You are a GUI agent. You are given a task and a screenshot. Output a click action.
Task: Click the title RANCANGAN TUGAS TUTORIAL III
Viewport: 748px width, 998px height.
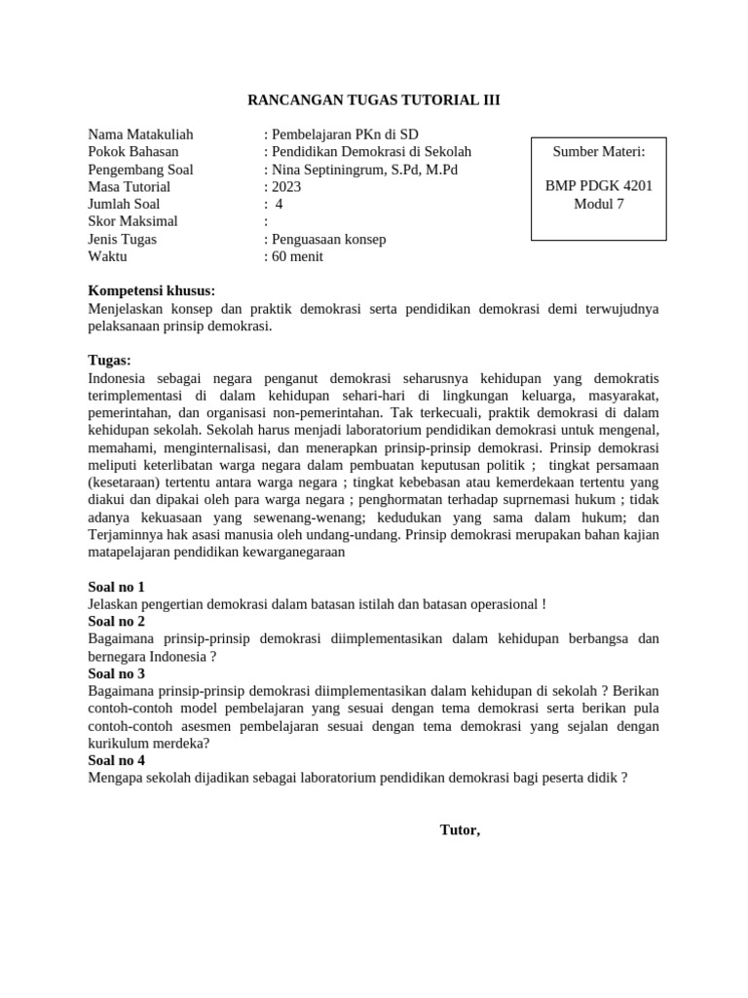point(374,99)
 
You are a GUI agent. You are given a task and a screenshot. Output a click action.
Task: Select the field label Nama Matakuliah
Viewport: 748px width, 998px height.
point(140,134)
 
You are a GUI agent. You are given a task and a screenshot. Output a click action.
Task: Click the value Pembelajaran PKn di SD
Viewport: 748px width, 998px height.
point(334,134)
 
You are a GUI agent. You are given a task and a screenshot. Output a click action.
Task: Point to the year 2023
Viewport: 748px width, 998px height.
point(285,187)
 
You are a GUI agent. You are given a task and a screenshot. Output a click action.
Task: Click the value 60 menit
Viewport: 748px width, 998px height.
point(297,257)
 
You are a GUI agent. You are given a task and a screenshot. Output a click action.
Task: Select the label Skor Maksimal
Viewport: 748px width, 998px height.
point(133,222)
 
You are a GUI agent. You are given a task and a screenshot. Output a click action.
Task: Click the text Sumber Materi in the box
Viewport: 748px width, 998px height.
point(598,152)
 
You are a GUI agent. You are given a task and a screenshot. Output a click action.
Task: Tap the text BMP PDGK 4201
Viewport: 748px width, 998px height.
point(598,187)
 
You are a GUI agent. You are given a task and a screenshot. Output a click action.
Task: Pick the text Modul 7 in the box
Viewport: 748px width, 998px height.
point(598,205)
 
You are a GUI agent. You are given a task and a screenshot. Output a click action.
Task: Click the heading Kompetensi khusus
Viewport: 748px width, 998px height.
point(151,291)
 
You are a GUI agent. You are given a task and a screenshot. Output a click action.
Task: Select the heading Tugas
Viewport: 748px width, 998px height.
point(109,361)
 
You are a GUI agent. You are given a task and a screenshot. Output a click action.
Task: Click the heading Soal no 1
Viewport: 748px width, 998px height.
point(116,587)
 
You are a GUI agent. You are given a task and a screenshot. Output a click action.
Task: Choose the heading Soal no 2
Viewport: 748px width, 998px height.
point(116,622)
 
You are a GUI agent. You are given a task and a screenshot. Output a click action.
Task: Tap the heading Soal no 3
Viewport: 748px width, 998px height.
point(116,673)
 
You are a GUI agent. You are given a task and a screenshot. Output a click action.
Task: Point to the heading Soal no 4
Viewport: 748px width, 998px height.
point(116,760)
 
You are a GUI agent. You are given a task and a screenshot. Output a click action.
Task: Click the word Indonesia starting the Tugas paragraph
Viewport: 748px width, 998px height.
point(117,378)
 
